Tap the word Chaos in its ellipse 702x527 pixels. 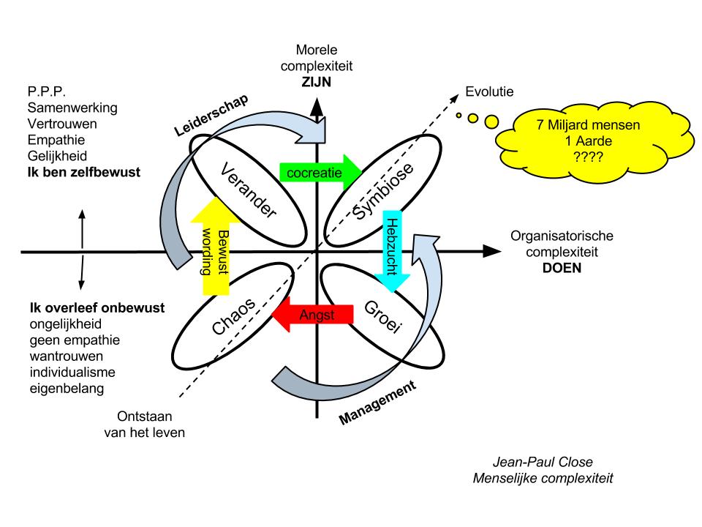pyautogui.click(x=235, y=315)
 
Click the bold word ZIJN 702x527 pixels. pyautogui.click(x=315, y=83)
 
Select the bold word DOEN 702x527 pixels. pyautogui.click(x=561, y=268)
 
